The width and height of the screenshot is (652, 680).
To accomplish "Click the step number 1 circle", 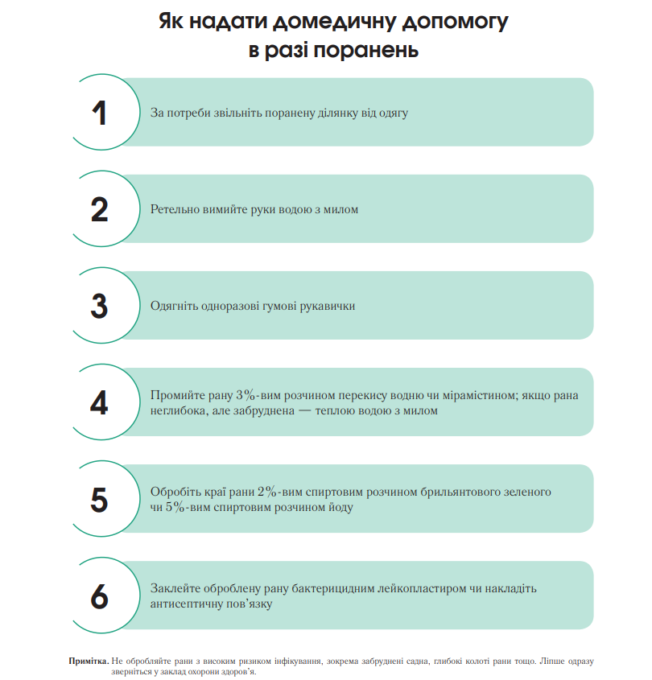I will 99,113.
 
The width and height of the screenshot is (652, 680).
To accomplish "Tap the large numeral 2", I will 99,209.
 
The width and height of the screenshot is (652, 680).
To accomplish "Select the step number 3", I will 99,306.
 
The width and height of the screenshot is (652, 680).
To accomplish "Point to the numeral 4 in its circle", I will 99,402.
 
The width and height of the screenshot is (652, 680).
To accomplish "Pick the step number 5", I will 99,499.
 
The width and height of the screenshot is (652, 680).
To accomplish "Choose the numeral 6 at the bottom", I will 99,596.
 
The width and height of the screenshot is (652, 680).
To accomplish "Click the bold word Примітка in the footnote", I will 89,661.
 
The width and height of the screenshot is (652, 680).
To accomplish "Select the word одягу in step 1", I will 392,113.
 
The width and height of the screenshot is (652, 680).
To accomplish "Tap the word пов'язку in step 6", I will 246,604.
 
